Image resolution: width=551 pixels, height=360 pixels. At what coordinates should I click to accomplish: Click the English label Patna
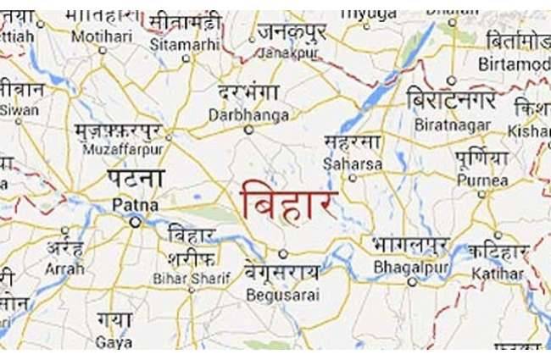coord(134,204)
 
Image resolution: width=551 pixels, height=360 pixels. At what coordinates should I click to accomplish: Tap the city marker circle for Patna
coord(135,221)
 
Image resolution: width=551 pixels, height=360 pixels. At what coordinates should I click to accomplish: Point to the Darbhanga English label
coord(248,114)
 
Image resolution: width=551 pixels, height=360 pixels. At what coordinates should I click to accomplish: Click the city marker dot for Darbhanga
coord(248,130)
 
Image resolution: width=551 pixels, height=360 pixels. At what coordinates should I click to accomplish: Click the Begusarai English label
coord(279,294)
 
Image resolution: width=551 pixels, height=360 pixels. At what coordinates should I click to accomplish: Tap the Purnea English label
coord(482,180)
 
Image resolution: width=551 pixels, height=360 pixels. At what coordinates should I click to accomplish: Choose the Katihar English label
coord(500,274)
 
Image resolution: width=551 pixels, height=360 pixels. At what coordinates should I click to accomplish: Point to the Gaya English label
coord(114,343)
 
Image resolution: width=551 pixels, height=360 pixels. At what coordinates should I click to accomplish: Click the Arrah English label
coord(65,269)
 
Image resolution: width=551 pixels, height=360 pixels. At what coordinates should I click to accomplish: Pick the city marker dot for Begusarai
coord(282,252)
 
